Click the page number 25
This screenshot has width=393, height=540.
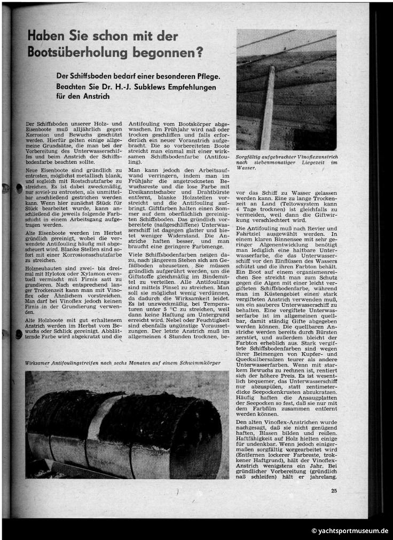pos(334,490)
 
